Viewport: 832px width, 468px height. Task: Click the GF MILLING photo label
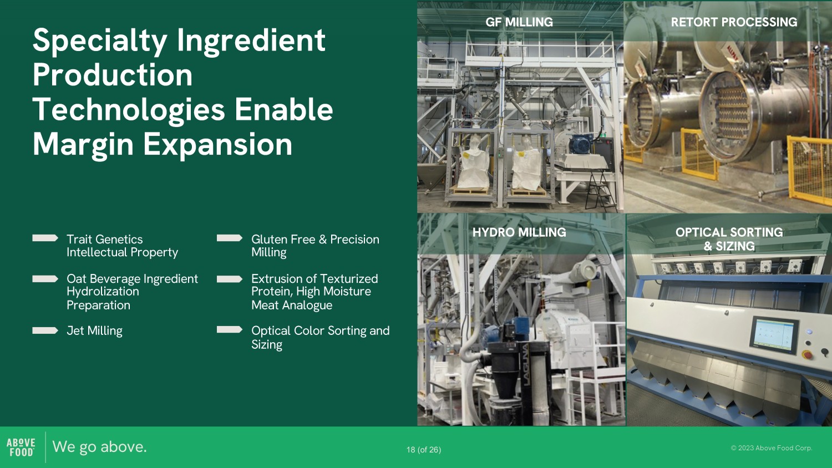click(x=519, y=22)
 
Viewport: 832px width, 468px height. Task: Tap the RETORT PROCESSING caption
click(x=734, y=22)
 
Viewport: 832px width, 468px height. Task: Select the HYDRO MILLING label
click(x=519, y=232)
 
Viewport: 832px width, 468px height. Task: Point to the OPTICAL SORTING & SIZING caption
click(x=729, y=239)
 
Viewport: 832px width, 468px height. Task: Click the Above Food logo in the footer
click(x=21, y=447)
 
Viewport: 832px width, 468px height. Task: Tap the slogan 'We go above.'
click(x=99, y=447)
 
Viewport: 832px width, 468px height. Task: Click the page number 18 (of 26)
click(x=424, y=450)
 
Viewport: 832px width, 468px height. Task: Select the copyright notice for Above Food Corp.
click(x=772, y=448)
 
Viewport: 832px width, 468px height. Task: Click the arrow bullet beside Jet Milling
click(x=45, y=330)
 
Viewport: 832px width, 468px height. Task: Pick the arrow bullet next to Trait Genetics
click(x=45, y=238)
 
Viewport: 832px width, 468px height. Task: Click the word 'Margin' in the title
click(x=83, y=145)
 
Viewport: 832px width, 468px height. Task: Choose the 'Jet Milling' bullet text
click(x=94, y=330)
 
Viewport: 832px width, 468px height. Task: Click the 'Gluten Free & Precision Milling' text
click(x=315, y=246)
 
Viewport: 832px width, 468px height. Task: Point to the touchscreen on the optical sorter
click(x=773, y=335)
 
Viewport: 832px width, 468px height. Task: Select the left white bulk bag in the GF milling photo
click(x=474, y=164)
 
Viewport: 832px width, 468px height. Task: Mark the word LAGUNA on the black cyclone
click(x=526, y=364)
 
